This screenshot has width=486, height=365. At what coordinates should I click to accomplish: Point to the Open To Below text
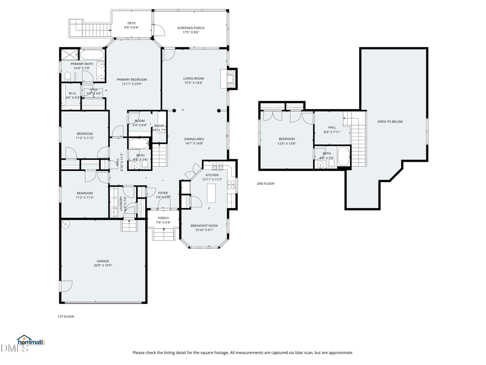(x=390, y=122)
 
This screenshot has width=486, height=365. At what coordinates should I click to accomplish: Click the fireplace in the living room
(x=231, y=79)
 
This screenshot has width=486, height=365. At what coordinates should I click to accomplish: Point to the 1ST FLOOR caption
(x=66, y=316)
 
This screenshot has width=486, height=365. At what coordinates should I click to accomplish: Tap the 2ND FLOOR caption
(x=265, y=183)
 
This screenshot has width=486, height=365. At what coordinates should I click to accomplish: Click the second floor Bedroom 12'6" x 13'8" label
(x=286, y=141)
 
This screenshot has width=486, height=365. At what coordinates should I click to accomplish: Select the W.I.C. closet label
(x=73, y=95)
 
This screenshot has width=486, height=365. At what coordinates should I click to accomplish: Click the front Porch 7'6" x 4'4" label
(x=163, y=220)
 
